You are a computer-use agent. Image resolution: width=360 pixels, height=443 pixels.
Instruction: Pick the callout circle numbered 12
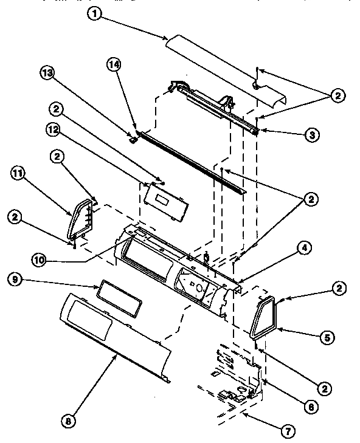click(x=54, y=129)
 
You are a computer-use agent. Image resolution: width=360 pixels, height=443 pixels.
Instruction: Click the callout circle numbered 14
click(x=112, y=63)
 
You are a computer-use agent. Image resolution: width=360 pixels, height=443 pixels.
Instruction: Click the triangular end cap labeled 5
click(x=265, y=317)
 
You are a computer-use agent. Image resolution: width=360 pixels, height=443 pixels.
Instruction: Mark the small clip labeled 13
click(x=131, y=139)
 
